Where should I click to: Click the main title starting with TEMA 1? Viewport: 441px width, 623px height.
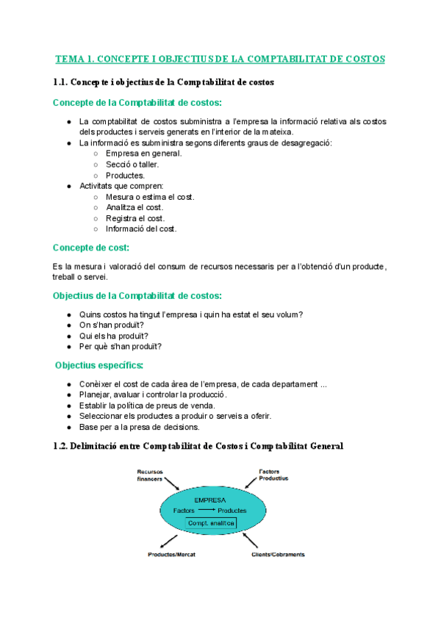pyautogui.click(x=220, y=59)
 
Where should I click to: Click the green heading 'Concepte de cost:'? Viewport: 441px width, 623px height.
pyautogui.click(x=91, y=248)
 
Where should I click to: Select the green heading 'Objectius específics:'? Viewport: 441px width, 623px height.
pyautogui.click(x=99, y=365)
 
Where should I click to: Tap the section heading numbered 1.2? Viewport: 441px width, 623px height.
pyautogui.click(x=198, y=446)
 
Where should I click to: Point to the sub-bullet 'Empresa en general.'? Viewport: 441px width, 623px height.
pyautogui.click(x=144, y=154)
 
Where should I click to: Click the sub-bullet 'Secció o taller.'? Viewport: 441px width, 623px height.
pyautogui.click(x=132, y=165)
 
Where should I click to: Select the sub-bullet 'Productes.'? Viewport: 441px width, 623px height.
pyautogui.click(x=126, y=176)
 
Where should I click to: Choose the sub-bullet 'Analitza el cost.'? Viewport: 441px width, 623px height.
pyautogui.click(x=135, y=207)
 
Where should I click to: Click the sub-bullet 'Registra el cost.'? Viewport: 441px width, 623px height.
pyautogui.click(x=135, y=218)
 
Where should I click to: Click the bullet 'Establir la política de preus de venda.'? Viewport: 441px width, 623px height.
pyautogui.click(x=147, y=405)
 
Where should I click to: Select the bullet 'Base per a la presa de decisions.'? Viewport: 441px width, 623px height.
pyautogui.click(x=139, y=427)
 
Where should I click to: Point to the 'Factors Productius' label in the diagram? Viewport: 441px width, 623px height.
pyautogui.click(x=273, y=474)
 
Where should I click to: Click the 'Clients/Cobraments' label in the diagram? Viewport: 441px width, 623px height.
pyautogui.click(x=273, y=554)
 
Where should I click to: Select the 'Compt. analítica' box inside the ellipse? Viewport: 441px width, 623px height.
pyautogui.click(x=211, y=522)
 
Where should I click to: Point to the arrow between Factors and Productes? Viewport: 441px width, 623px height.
pyautogui.click(x=207, y=510)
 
